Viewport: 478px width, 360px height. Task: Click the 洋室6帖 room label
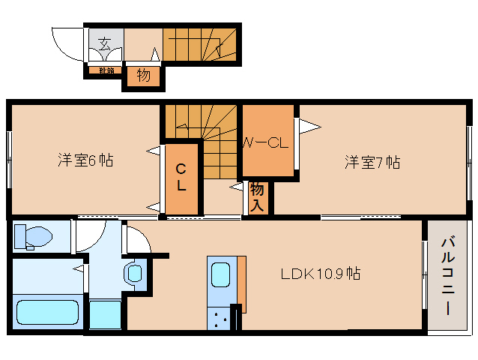(85, 160)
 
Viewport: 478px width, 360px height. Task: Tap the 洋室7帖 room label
(372, 161)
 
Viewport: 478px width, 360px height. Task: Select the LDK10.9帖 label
(321, 274)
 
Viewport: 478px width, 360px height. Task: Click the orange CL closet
(182, 177)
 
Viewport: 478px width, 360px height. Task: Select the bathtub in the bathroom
(47, 312)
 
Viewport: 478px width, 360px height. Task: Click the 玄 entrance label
(105, 43)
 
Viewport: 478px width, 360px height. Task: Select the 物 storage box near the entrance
(143, 75)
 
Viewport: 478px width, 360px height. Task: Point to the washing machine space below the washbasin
(104, 313)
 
